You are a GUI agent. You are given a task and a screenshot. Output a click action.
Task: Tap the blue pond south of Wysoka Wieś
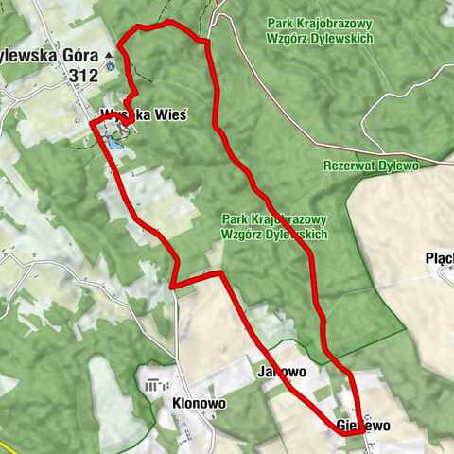click(x=114, y=143)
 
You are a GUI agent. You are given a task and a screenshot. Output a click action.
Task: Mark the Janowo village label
click(x=281, y=373)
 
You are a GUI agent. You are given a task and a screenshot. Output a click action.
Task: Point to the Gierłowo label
click(x=363, y=427)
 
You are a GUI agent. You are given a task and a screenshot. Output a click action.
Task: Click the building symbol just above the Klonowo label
click(x=155, y=385)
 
